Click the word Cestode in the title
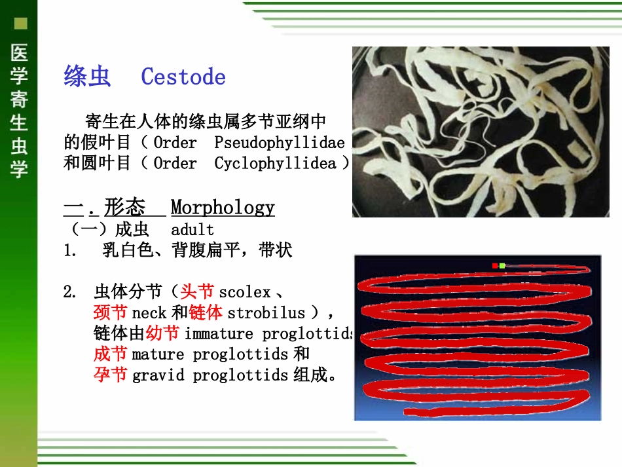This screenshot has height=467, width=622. (183, 77)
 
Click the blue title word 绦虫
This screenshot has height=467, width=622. (87, 77)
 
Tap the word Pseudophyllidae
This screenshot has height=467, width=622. (280, 143)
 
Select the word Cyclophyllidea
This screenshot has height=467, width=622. (275, 164)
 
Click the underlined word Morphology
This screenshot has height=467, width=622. (223, 208)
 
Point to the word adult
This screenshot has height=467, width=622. (192, 230)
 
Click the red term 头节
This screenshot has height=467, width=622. (197, 291)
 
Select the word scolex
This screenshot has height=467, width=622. (244, 292)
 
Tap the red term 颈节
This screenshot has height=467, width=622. (110, 312)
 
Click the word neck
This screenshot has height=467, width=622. (149, 313)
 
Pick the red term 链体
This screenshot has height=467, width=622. (206, 312)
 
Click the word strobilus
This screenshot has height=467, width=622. (266, 313)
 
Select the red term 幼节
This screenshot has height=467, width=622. (162, 333)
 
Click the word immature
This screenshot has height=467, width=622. (219, 334)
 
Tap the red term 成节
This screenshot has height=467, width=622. (110, 354)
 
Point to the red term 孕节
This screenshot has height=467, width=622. (110, 375)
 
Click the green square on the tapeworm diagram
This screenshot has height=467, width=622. (502, 266)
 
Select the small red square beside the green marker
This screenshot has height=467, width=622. (495, 266)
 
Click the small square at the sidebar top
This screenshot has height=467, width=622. (21, 24)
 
